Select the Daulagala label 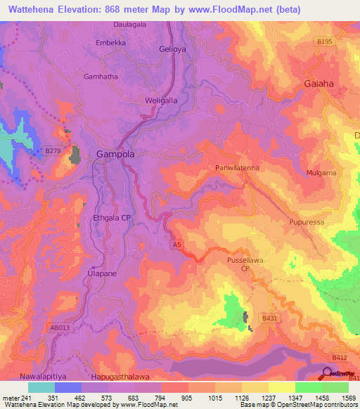pyautogui.click(x=129, y=24)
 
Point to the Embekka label pyautogui.click(x=110, y=43)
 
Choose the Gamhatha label pyautogui.click(x=101, y=77)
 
